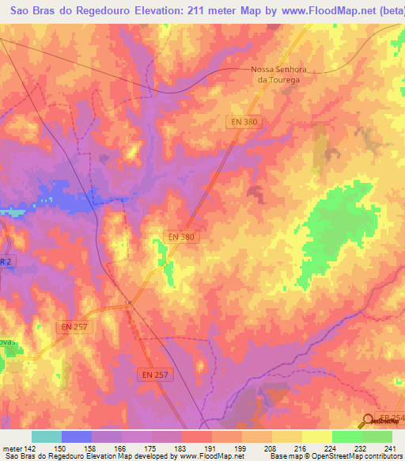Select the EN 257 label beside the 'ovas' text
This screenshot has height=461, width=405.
tap(73, 326)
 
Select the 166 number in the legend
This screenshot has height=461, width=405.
tap(121, 450)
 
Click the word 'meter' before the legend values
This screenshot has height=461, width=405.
tap(12, 450)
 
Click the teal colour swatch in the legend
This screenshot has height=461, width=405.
tap(46, 436)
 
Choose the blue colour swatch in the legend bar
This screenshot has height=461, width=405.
tap(76, 436)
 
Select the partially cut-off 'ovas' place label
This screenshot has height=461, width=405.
tap(8, 341)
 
